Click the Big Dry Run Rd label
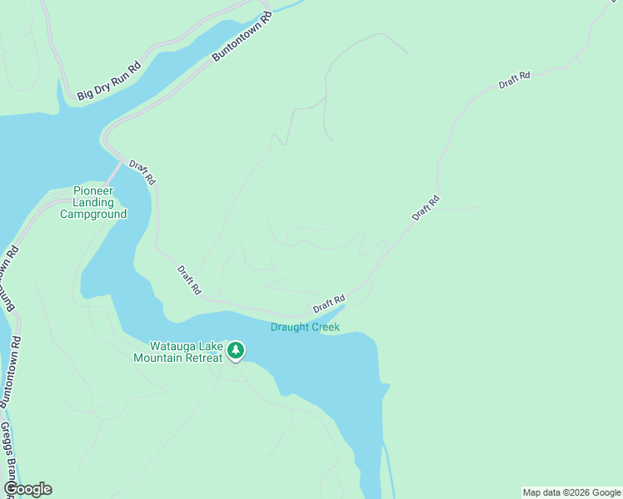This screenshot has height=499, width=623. tap(109, 81)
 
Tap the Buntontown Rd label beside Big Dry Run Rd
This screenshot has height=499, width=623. tap(242, 37)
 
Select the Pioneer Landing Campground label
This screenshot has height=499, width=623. tap(93, 202)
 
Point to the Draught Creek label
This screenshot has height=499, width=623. tap(305, 327)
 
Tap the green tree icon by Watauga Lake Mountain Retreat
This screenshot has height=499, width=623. tap(236, 351)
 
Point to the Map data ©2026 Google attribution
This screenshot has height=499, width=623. tap(571, 492)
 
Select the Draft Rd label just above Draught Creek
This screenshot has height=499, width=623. tap(329, 304)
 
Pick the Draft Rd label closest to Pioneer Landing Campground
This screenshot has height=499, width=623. tap(142, 171)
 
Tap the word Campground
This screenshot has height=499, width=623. tap(93, 214)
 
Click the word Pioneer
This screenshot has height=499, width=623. tap(93, 190)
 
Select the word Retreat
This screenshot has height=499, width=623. tap(204, 358)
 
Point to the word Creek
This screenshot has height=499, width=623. tap(324, 327)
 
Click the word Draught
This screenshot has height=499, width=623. tap(288, 327)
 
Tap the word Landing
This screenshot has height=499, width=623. tap(93, 202)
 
